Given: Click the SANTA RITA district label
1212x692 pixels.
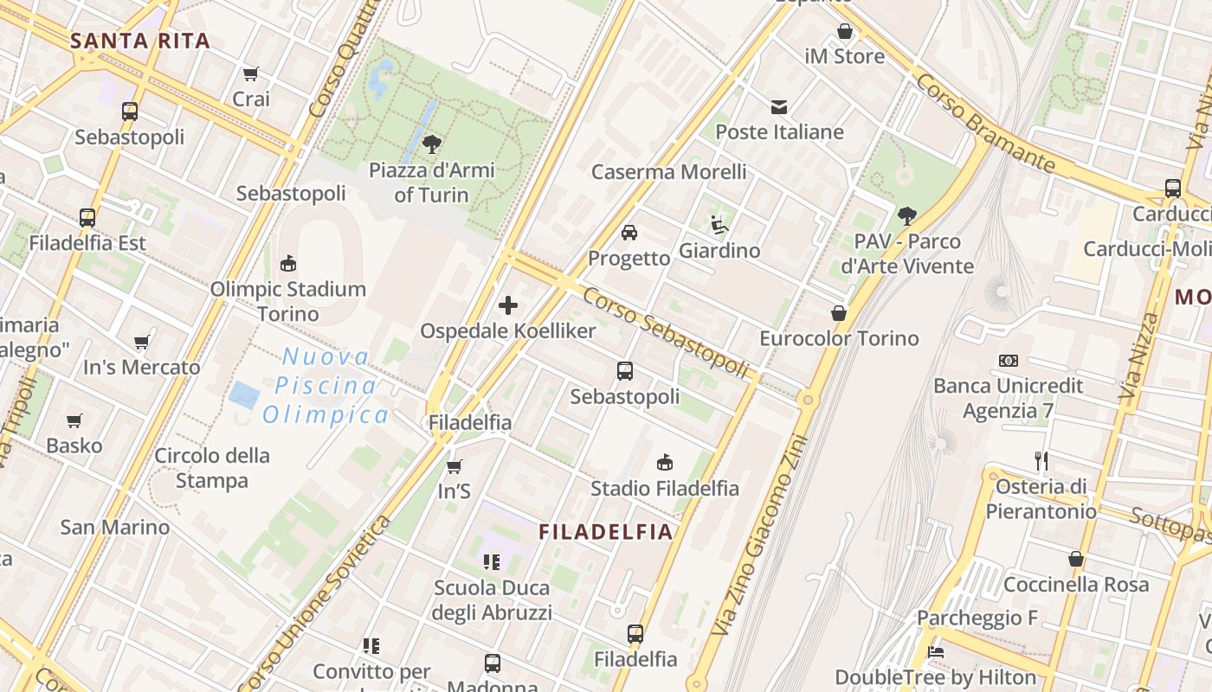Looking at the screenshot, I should click(140, 41).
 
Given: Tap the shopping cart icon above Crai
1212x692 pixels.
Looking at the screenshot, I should click(251, 74).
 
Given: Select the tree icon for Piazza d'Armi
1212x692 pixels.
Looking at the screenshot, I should click(432, 144).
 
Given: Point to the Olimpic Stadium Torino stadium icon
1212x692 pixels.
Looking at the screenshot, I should click(288, 263).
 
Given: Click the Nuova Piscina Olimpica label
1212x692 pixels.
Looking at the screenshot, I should click(326, 386).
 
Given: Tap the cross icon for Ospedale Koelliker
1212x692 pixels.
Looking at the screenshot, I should click(508, 304).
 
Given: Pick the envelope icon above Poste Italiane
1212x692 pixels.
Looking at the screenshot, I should click(779, 107).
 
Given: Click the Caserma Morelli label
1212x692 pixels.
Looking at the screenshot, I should click(668, 171).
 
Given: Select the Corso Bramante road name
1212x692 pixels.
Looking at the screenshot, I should click(984, 122).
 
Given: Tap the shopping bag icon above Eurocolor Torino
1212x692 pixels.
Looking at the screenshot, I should click(838, 312).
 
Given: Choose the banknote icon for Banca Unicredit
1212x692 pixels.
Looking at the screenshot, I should click(1008, 360).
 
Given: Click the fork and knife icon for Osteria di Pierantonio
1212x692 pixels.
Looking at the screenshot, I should click(1041, 460).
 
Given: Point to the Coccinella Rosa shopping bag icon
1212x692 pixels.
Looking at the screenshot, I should click(1076, 559).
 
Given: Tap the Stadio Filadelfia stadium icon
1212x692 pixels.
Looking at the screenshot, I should click(665, 462).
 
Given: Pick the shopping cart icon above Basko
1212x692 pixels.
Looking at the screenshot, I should click(74, 420).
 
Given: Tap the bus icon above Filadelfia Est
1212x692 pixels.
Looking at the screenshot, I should click(87, 218).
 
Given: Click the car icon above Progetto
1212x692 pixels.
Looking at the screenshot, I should click(629, 233).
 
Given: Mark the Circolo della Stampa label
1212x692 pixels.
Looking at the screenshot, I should click(212, 468).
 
